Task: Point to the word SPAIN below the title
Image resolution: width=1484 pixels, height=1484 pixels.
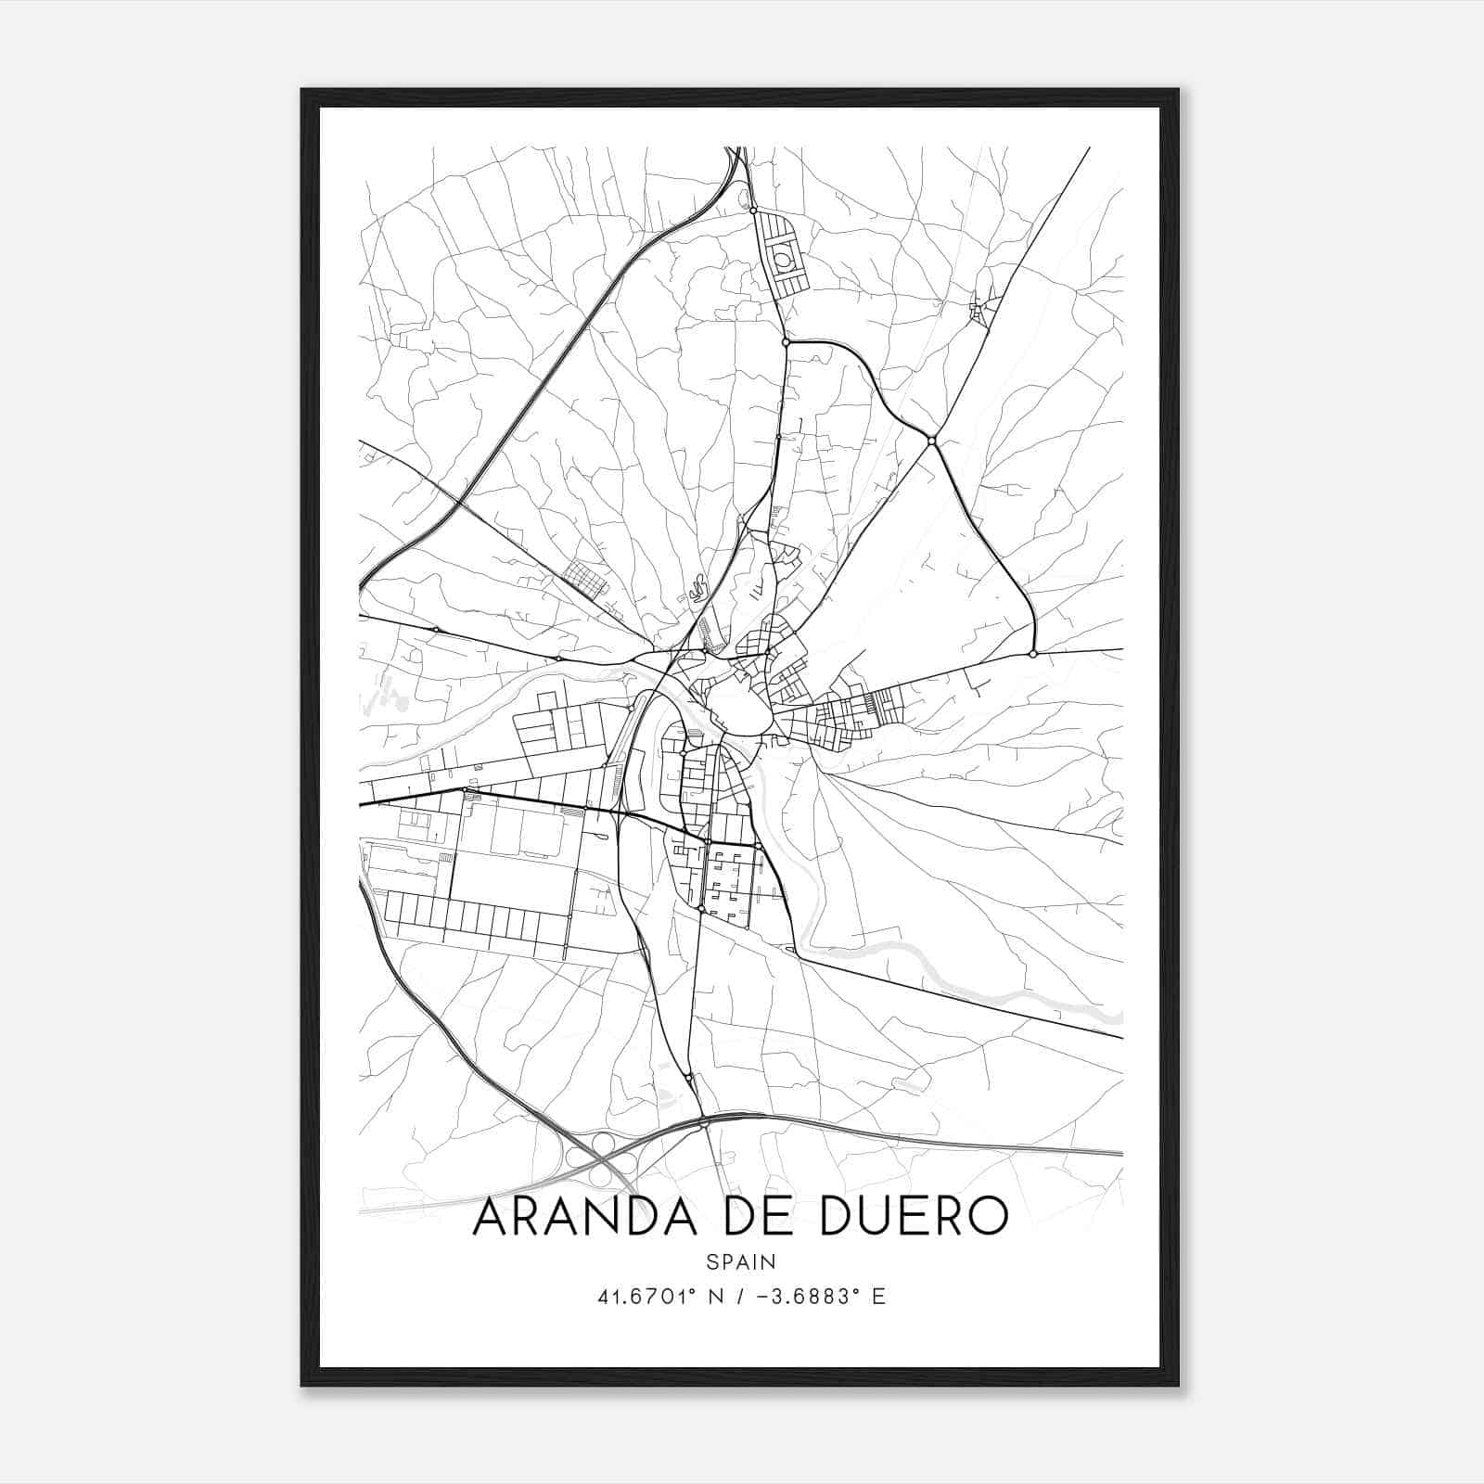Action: [741, 1261]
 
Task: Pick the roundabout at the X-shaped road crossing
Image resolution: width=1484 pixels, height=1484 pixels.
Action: [931, 441]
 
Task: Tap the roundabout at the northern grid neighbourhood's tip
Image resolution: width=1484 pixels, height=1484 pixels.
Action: [754, 211]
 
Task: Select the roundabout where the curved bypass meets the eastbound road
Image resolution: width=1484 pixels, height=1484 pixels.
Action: [1033, 654]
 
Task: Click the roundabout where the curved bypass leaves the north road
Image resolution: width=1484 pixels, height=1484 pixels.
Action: [786, 342]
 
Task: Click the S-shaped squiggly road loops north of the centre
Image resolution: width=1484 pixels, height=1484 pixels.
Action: [699, 587]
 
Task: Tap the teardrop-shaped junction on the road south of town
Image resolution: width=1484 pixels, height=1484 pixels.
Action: [687, 1078]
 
